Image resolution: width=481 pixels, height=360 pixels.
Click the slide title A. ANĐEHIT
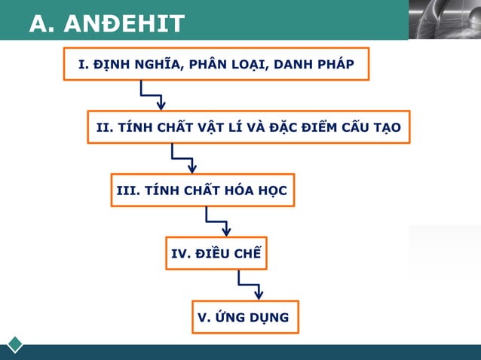pos(106,24)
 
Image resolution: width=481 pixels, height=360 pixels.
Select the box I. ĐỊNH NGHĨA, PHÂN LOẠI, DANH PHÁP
pos(216,63)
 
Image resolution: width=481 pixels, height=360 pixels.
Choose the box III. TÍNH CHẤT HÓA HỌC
pos(201,190)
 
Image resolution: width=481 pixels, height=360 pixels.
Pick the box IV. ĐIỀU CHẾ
pos(216,253)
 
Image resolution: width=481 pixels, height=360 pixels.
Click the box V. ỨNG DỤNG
pos(243,317)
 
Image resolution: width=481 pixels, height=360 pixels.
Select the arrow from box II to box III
pos(183,159)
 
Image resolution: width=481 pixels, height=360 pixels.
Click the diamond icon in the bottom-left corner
pos(15,344)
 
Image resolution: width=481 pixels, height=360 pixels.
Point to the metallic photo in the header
pos(444,20)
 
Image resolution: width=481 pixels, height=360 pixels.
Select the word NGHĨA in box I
pos(149,63)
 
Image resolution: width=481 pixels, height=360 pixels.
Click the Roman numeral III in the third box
pos(125,190)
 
